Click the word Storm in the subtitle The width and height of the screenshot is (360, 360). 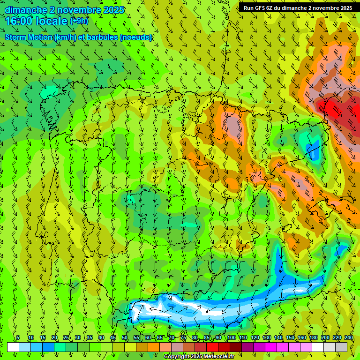pyautogui.click(x=16, y=37)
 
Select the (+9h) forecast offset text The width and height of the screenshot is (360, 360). pyautogui.click(x=79, y=21)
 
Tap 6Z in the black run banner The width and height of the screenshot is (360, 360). pyautogui.click(x=271, y=7)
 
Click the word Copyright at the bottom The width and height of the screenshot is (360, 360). pyautogui.click(x=177, y=357)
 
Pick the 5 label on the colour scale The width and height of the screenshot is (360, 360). pyautogui.click(x=18, y=337)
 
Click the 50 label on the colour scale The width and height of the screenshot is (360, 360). pyautogui.click(x=125, y=337)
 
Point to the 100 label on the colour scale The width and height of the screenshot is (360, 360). pyautogui.click(x=232, y=337)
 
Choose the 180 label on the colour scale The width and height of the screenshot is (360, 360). pyautogui.click(x=314, y=337)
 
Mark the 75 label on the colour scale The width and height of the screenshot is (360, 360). pyautogui.click(x=183, y=337)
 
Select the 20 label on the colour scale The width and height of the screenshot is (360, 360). pyautogui.click(x=54, y=337)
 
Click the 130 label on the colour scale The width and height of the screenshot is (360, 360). pyautogui.click(x=267, y=337)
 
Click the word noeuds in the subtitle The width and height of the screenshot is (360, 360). pyautogui.click(x=137, y=37)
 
